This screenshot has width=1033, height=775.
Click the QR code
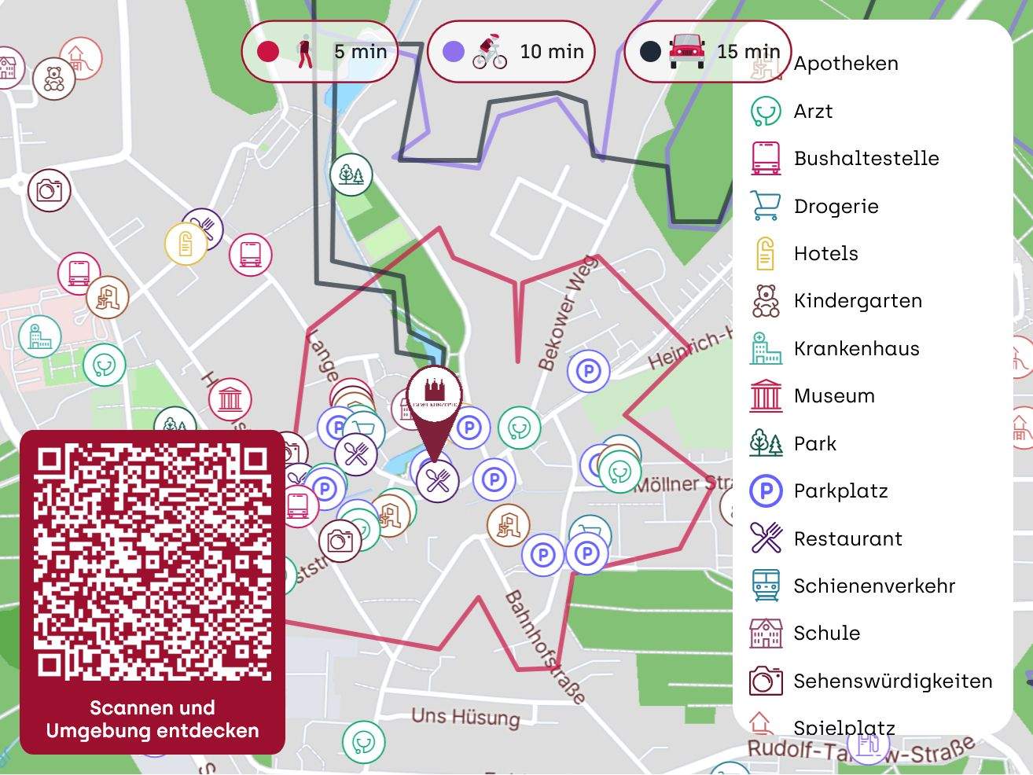[153, 563]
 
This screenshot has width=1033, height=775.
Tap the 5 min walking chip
[319, 52]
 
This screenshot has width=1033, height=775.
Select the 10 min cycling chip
[511, 52]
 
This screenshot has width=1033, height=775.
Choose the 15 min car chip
[706, 52]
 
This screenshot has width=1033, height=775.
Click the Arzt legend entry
[813, 112]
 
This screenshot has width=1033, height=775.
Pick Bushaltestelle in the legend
[866, 159]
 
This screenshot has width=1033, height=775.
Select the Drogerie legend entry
[836, 207]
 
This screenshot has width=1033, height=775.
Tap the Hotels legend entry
[825, 254]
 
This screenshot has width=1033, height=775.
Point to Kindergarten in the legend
[857, 301]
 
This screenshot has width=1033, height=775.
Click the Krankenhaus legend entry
[856, 349]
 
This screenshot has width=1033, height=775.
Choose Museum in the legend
[833, 396]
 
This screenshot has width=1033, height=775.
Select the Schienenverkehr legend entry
[873, 586]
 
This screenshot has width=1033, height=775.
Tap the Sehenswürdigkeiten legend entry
[892, 681]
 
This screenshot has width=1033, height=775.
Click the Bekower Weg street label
[568, 313]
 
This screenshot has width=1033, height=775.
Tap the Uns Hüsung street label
[465, 717]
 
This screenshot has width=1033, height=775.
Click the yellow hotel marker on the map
[186, 244]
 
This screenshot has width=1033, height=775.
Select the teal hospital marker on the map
[39, 336]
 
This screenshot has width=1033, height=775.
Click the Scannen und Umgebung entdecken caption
[153, 719]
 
